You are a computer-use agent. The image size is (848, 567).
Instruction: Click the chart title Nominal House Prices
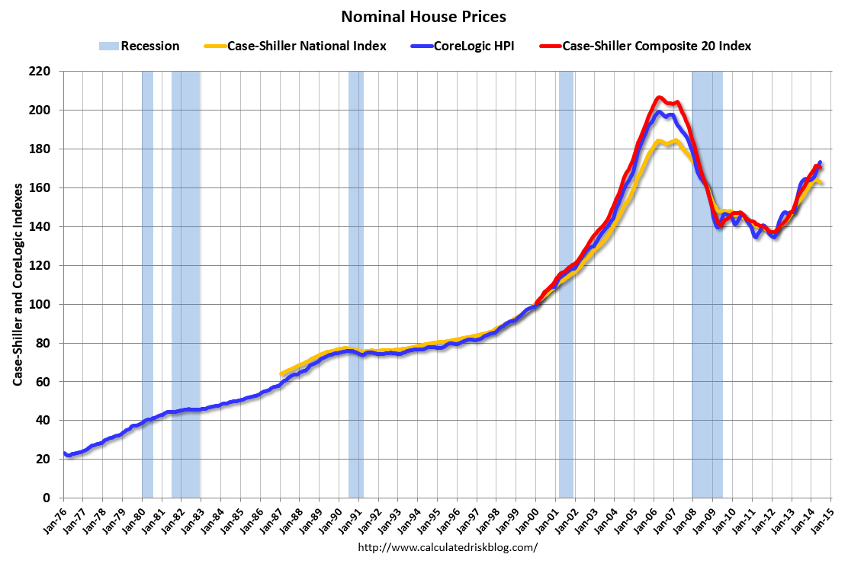tap(423, 16)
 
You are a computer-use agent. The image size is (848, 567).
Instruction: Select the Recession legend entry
tap(140, 46)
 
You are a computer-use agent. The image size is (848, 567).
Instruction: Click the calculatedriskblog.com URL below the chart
tap(448, 547)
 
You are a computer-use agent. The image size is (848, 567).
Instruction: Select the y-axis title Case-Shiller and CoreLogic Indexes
tap(16, 284)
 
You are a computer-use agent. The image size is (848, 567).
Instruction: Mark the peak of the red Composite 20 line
tap(660, 98)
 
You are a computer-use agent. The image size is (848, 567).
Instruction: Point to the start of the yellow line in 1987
tap(281, 373)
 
